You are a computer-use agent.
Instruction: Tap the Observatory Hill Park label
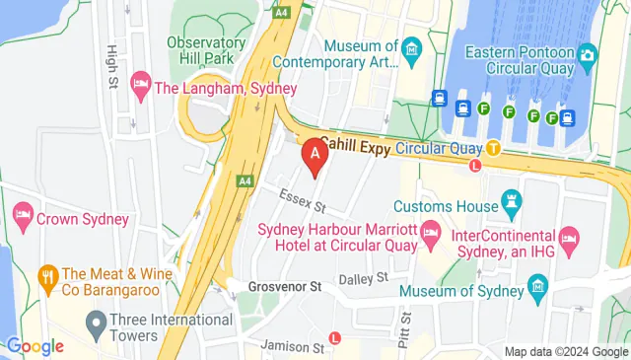pos(206,51)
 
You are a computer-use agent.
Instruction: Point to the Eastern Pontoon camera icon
pos(589,55)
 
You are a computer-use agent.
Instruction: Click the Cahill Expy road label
pos(355,146)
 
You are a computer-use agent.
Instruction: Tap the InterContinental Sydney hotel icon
pos(568,238)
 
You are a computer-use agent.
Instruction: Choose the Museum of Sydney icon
pos(537,288)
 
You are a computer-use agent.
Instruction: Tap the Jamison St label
pos(293,346)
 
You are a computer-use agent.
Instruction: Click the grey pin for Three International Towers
pos(96,323)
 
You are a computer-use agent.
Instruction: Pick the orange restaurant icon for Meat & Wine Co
pos(45,275)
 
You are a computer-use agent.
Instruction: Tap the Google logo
pos(35,346)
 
